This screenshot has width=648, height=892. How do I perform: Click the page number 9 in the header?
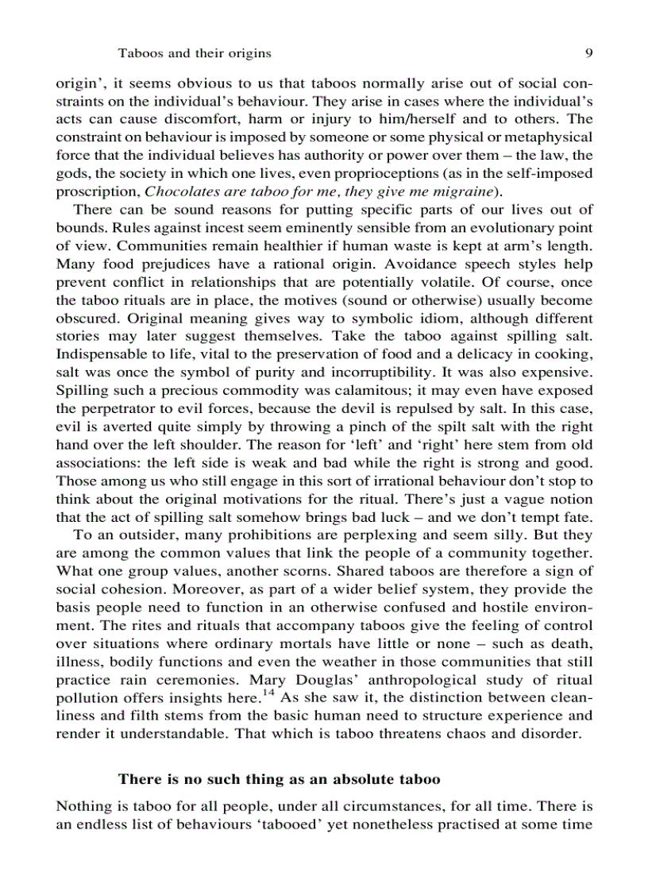click(x=588, y=53)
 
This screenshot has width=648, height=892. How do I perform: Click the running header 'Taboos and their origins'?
click(x=195, y=53)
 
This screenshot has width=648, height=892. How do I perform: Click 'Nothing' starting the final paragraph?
click(x=82, y=806)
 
